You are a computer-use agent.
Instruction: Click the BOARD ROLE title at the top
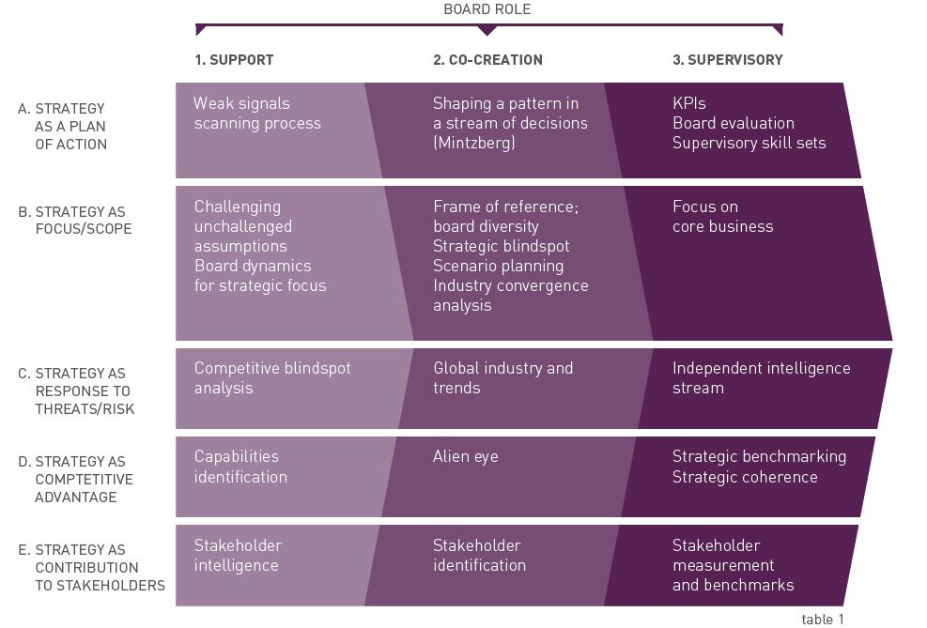(487, 9)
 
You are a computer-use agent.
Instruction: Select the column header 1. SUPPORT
(234, 60)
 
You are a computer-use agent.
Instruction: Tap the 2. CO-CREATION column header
(487, 60)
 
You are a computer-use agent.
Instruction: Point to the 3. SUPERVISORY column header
(728, 60)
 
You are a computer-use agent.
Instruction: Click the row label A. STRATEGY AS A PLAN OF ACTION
(63, 127)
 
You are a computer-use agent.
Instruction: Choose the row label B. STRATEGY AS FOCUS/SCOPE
(75, 221)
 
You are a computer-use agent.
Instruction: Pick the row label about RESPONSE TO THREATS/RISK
(76, 391)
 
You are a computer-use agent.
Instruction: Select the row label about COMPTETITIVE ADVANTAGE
(76, 479)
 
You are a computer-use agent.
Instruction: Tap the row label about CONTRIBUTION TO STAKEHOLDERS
(92, 568)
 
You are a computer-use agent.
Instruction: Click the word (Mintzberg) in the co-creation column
(474, 143)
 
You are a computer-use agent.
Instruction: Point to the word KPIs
(689, 103)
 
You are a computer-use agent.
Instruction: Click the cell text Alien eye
(466, 456)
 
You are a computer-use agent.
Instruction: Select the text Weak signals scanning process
(257, 114)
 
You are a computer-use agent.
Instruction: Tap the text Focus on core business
(723, 216)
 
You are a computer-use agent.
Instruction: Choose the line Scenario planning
(499, 266)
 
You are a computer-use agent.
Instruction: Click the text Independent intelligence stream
(762, 378)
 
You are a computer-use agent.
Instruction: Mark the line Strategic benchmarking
(760, 456)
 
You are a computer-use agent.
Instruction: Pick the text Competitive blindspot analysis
(272, 378)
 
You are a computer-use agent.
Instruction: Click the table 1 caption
(823, 620)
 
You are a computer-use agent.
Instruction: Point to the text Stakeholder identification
(479, 556)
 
